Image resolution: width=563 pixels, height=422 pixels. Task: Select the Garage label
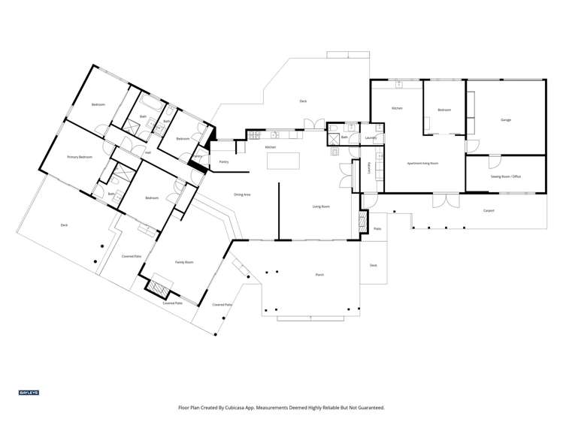click(506, 120)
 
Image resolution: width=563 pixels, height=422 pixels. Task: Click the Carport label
click(489, 211)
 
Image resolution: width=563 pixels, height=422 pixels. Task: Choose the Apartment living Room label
click(422, 163)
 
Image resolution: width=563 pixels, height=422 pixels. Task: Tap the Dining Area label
click(242, 194)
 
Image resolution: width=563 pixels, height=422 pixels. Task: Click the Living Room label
click(322, 206)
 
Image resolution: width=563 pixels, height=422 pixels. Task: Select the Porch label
click(319, 276)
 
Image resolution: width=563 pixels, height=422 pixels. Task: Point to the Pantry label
click(223, 161)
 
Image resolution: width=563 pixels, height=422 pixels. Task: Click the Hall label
click(148, 152)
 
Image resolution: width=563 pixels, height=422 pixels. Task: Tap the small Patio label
click(377, 228)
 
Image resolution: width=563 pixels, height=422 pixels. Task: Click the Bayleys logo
click(29, 393)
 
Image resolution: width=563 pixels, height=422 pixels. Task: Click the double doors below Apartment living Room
click(443, 200)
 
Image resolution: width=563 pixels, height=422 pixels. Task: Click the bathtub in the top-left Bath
click(150, 100)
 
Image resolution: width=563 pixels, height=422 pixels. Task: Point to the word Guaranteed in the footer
click(368, 408)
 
